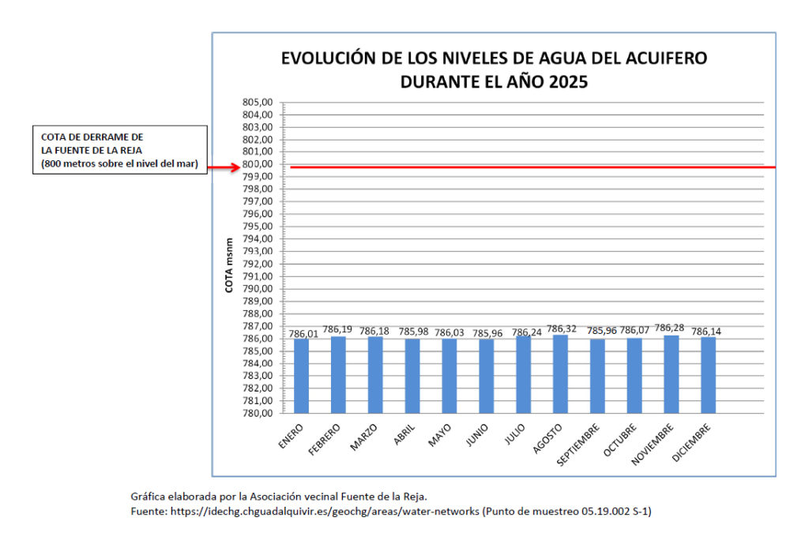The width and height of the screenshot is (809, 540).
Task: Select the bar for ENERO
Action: point(301,376)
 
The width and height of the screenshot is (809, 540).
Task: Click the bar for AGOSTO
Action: point(560,374)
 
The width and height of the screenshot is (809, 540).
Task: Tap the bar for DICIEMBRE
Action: point(708,375)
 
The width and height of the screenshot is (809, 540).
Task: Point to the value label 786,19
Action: point(338,330)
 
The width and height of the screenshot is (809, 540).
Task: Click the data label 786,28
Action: point(672,329)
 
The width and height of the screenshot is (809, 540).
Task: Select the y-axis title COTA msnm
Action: point(229,265)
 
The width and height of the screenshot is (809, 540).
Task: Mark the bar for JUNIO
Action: point(486,376)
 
